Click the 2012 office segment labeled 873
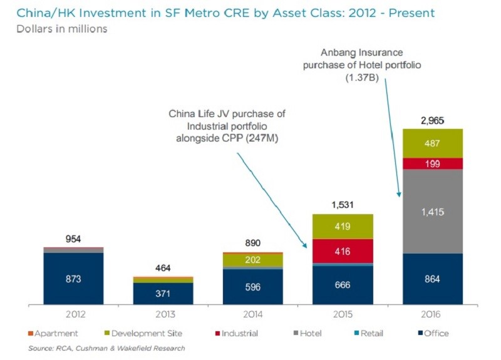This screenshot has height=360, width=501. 73,279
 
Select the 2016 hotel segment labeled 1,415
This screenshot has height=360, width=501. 433,212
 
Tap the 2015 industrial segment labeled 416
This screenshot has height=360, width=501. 343,252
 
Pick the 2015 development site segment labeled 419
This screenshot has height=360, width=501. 343,227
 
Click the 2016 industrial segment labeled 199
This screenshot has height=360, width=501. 433,163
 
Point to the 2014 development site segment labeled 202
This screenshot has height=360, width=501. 253,260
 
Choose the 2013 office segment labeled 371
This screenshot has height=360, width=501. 163,294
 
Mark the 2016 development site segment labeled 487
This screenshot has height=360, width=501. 433,143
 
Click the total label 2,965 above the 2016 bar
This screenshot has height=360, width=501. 432,120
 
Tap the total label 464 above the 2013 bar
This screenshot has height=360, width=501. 163,268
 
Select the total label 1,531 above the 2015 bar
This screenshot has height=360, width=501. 343,205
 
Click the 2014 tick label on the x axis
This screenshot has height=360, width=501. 253,314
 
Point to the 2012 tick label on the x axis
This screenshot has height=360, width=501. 75,314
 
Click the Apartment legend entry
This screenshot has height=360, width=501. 53,334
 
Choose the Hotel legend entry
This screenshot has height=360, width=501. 307,334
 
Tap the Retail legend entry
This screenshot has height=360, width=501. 369,334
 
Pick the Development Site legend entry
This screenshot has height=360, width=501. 143,334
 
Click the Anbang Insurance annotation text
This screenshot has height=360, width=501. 362,65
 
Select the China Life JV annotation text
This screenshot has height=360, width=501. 227,126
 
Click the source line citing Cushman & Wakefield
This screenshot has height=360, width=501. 106,348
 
